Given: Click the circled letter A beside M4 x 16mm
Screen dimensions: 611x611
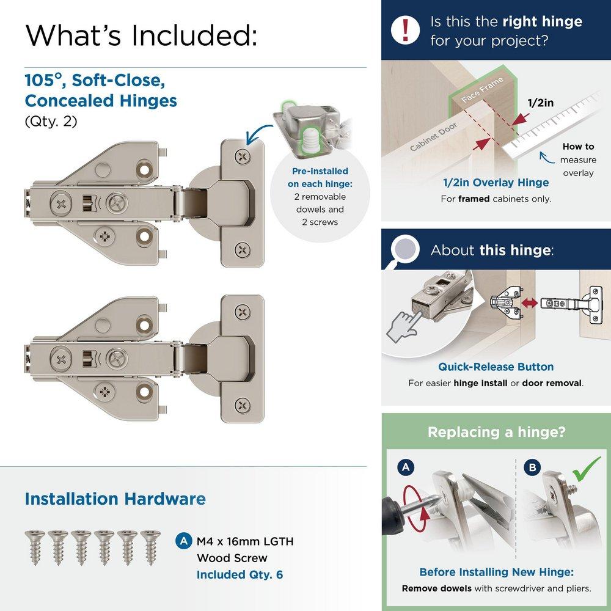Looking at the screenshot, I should (x=183, y=541).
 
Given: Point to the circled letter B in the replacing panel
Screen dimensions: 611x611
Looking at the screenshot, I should (x=532, y=469).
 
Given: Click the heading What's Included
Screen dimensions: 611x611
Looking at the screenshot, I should (x=141, y=35).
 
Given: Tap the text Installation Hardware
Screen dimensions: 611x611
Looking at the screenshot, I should (x=115, y=499).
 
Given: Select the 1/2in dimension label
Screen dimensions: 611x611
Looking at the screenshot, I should (x=540, y=103).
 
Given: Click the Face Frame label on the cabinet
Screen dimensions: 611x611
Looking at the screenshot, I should (x=482, y=90).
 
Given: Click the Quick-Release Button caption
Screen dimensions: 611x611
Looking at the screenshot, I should (x=496, y=367).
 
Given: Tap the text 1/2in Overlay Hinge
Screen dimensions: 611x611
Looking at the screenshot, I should (x=496, y=182).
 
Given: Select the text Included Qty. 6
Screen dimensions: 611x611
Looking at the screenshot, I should (x=240, y=574).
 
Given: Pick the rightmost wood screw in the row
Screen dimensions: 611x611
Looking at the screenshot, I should (x=150, y=546).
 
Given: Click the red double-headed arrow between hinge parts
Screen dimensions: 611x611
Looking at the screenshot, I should (x=529, y=302).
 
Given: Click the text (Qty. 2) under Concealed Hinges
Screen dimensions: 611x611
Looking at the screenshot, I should (x=51, y=121).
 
